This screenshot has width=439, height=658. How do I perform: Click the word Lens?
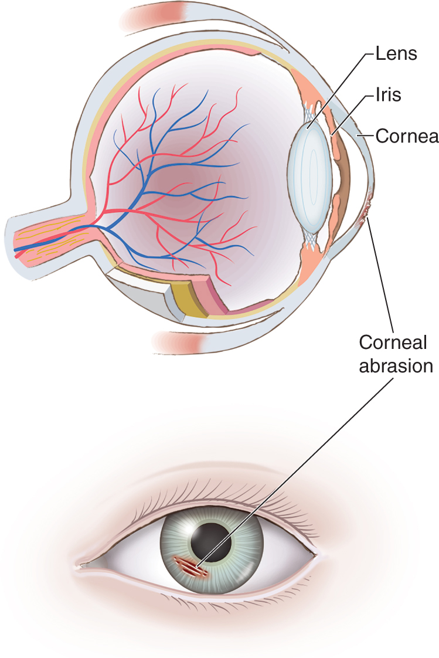396,54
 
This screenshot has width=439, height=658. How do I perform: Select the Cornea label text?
407,136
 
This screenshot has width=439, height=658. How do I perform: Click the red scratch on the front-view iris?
188,565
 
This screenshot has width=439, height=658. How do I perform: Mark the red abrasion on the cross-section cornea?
366,212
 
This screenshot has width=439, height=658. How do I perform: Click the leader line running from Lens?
340,88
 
